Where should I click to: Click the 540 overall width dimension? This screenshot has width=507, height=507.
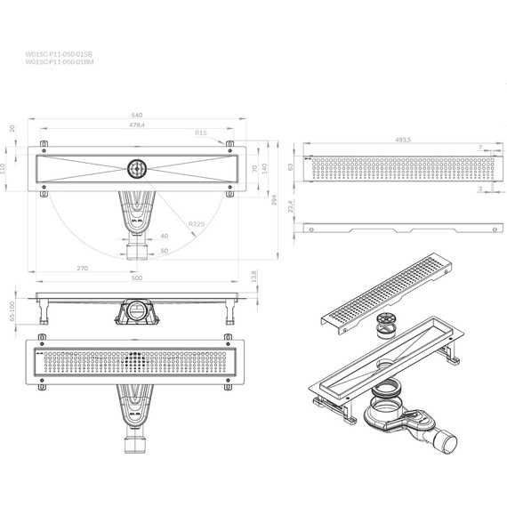pos(138,115)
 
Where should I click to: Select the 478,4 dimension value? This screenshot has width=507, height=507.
pos(138,127)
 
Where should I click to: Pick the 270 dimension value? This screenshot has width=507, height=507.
pos(82,267)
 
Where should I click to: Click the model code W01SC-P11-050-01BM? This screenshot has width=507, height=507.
pos(59,62)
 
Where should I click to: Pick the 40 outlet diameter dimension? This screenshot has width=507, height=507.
pos(163,236)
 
